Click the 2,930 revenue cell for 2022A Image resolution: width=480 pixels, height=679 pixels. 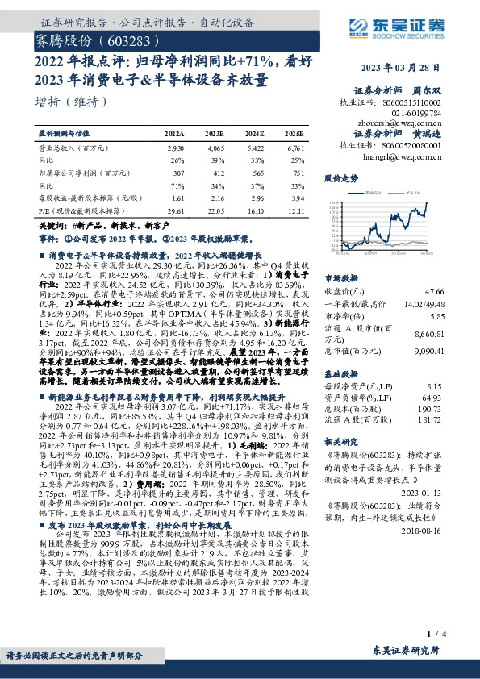click(175, 149)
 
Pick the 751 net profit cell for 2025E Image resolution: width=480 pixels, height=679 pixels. click(296, 172)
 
